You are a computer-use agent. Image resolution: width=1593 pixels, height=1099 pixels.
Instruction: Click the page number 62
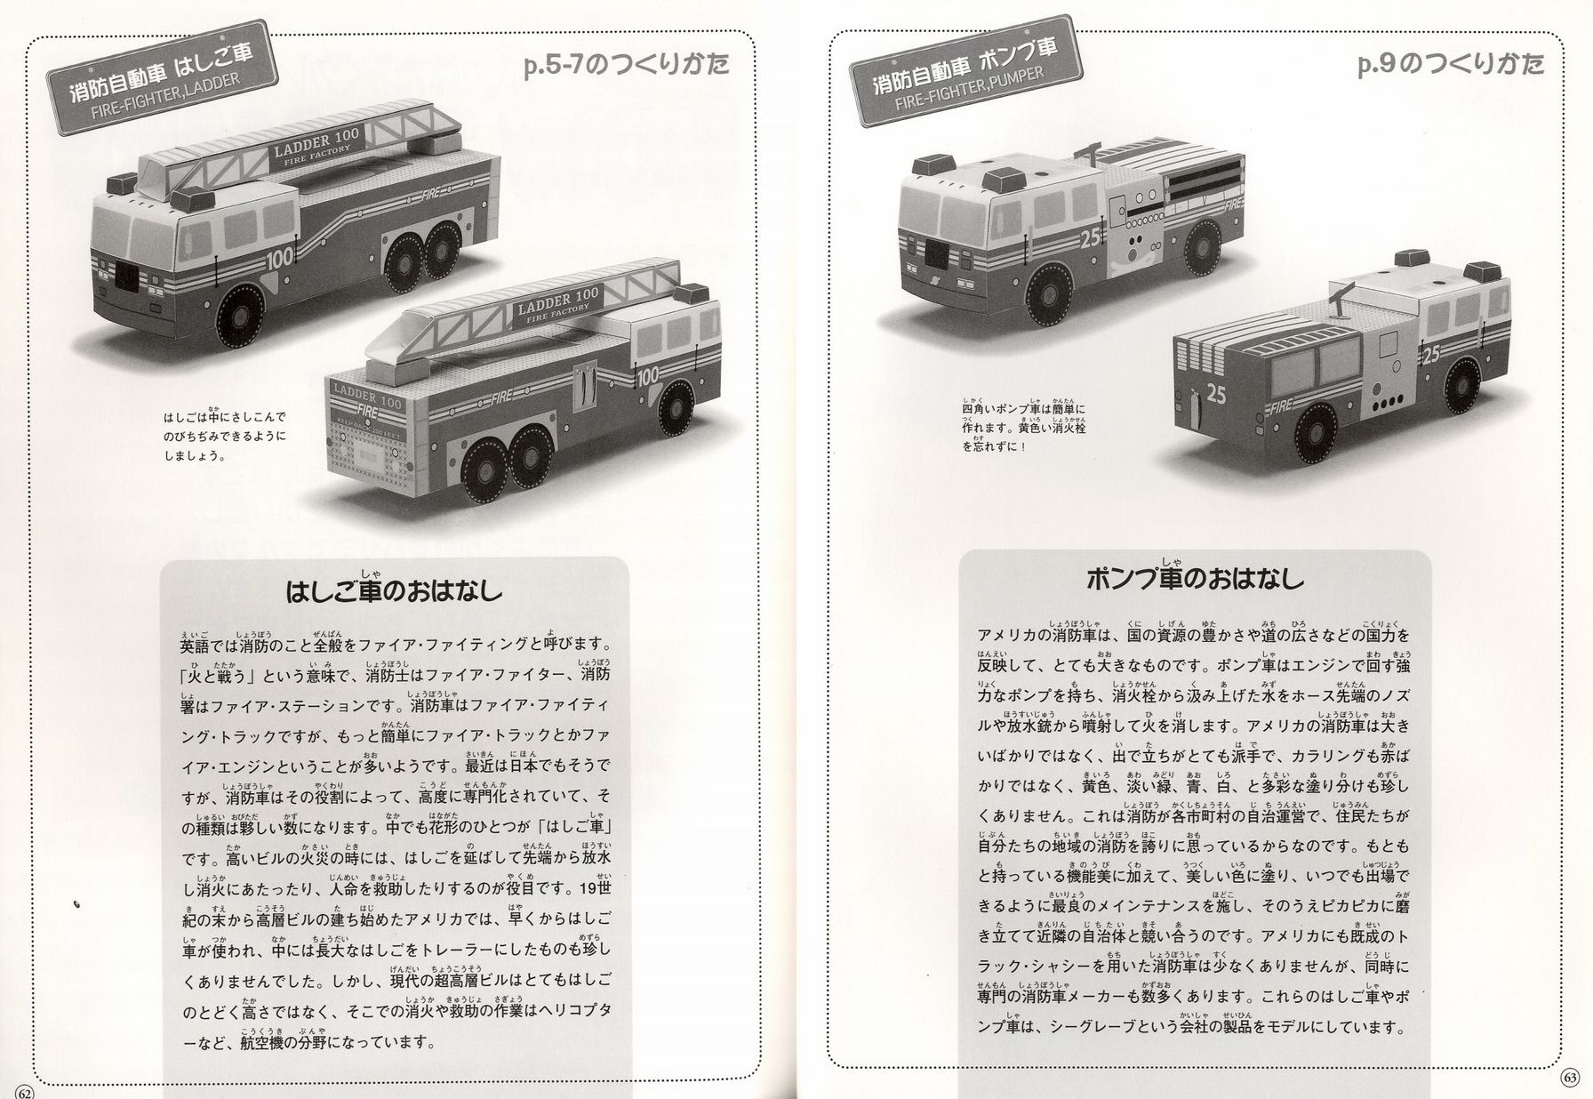point(24,1089)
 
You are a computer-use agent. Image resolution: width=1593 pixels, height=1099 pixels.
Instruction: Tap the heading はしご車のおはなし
point(394,590)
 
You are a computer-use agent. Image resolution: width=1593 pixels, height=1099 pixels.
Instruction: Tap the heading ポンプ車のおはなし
point(1196,578)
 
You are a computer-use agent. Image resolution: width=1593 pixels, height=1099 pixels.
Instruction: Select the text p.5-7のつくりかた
point(627,68)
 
